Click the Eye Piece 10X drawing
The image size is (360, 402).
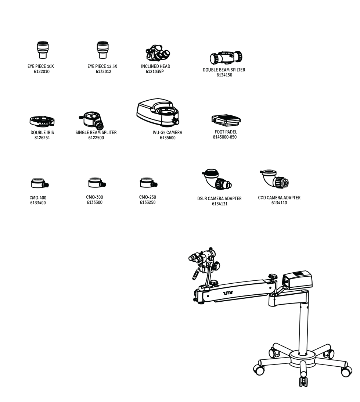[x=43, y=50]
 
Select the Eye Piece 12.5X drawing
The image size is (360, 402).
[x=102, y=50]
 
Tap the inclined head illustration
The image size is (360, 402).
[x=158, y=53]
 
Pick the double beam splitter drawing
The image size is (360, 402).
[x=226, y=58]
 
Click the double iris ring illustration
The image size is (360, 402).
[x=42, y=121]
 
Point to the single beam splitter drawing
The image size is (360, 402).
[x=92, y=121]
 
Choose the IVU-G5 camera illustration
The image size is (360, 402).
[x=158, y=112]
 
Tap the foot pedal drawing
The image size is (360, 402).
[x=226, y=121]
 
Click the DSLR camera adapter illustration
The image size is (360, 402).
[x=217, y=179]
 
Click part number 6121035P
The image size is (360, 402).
[x=155, y=72]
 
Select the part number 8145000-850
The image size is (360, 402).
[x=225, y=137]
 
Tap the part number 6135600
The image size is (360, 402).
[x=168, y=138]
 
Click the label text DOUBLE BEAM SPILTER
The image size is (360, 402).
[x=224, y=70]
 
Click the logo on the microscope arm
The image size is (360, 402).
[x=228, y=293]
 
